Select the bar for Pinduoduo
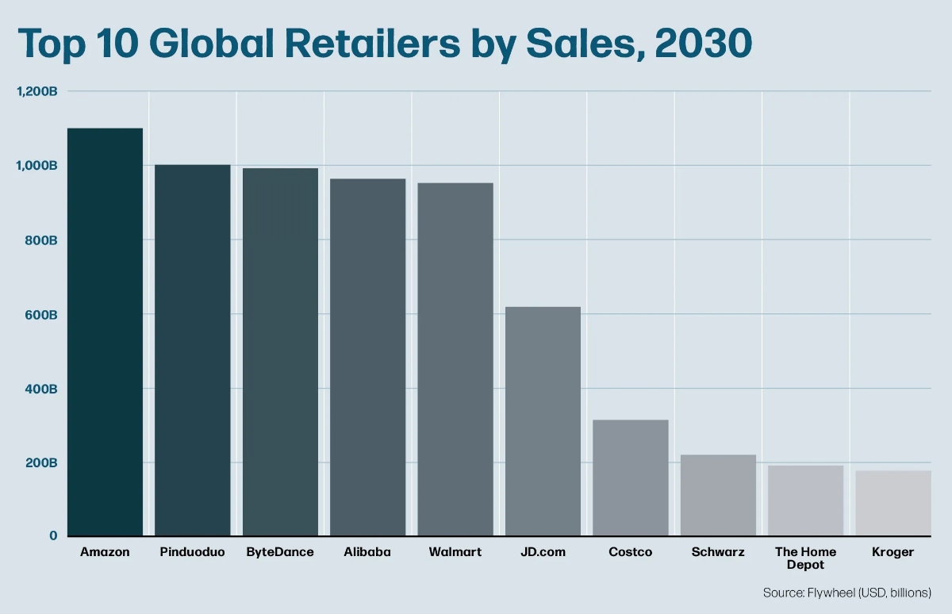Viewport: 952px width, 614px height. click(193, 350)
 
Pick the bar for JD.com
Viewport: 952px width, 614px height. click(543, 420)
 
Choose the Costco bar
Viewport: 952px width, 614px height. click(631, 477)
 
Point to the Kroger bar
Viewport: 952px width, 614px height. click(892, 503)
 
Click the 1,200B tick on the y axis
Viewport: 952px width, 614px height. click(37, 91)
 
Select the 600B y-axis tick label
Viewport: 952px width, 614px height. click(41, 314)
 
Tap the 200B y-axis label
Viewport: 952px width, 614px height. click(41, 462)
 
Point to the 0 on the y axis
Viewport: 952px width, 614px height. click(53, 536)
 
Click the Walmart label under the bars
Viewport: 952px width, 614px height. click(455, 552)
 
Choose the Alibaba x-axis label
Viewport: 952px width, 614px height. click(367, 552)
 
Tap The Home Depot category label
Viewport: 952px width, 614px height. click(805, 558)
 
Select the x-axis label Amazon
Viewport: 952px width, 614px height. click(105, 552)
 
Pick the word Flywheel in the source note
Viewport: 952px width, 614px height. click(831, 593)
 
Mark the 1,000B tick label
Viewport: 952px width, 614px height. click(37, 166)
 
